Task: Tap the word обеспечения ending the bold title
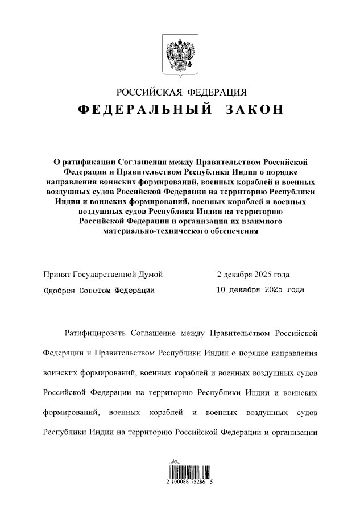tap(231, 231)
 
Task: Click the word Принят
tap(57, 275)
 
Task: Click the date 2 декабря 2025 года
tap(254, 275)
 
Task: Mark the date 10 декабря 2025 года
tap(260, 290)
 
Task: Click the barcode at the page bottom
tap(180, 469)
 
